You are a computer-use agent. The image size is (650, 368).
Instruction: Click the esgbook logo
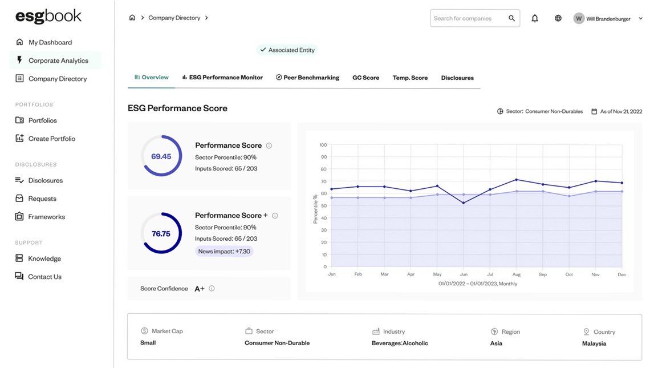48,16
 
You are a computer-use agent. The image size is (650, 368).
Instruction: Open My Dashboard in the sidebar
50,42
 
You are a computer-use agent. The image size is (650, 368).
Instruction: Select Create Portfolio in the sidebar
51,139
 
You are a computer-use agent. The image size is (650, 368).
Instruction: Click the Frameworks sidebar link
46,217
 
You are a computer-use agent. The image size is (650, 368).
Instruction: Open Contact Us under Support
44,277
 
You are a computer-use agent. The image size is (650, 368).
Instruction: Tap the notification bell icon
535,18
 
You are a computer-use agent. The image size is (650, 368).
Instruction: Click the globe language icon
558,18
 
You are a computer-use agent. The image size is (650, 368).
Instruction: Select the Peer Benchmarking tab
307,78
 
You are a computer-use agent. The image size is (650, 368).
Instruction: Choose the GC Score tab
365,78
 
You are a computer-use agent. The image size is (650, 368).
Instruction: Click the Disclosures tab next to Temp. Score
457,78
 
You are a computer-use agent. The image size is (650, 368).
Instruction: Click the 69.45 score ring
161,156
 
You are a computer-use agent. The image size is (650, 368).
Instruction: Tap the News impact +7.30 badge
224,251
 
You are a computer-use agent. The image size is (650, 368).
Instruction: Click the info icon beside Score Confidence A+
212,289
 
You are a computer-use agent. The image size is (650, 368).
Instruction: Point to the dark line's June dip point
464,203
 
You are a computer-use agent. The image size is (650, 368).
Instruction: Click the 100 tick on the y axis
323,145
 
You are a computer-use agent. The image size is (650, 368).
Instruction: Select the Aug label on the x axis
517,274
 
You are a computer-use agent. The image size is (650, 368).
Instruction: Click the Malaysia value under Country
594,343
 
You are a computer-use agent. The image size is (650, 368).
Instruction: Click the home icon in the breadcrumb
132,18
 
